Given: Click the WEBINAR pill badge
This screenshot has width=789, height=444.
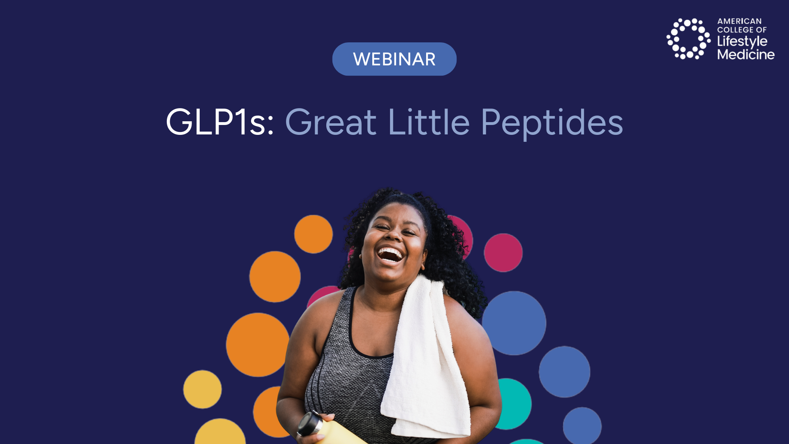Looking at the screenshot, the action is click(394, 59).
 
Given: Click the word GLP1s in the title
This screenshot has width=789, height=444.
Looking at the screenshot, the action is click(220, 122).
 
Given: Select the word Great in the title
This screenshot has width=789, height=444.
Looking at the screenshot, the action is click(330, 122).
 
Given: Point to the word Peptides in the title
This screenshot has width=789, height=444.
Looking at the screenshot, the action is click(552, 123).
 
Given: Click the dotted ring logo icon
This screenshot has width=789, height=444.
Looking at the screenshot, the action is click(688, 39).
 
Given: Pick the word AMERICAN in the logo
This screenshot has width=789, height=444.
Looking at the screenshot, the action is click(739, 21).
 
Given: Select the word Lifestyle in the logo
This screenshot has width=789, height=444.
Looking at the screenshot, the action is click(742, 42).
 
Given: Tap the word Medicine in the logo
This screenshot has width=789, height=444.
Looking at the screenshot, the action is click(746, 54).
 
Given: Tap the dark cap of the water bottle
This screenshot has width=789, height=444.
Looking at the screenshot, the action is click(311, 423).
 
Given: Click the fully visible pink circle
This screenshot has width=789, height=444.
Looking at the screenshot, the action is click(503, 253).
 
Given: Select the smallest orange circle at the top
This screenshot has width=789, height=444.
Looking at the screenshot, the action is click(314, 234).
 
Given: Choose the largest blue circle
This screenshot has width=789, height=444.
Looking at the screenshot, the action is click(514, 323).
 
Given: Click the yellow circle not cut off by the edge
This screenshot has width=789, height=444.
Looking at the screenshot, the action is click(202, 389).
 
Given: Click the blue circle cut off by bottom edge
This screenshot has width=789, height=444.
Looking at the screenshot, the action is click(582, 426).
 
